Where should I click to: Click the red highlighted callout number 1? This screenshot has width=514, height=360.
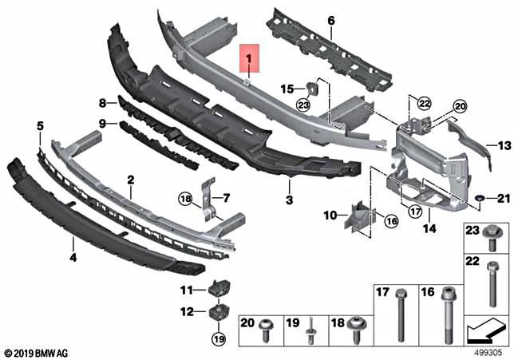point(249,58)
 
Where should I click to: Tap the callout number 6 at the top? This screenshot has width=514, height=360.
point(330,19)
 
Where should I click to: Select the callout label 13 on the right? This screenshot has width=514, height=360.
point(503,145)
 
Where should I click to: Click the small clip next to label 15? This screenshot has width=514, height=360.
point(309,89)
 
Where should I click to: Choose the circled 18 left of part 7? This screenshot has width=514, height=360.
point(185,198)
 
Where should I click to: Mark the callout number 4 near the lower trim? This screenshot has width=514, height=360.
point(73,257)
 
